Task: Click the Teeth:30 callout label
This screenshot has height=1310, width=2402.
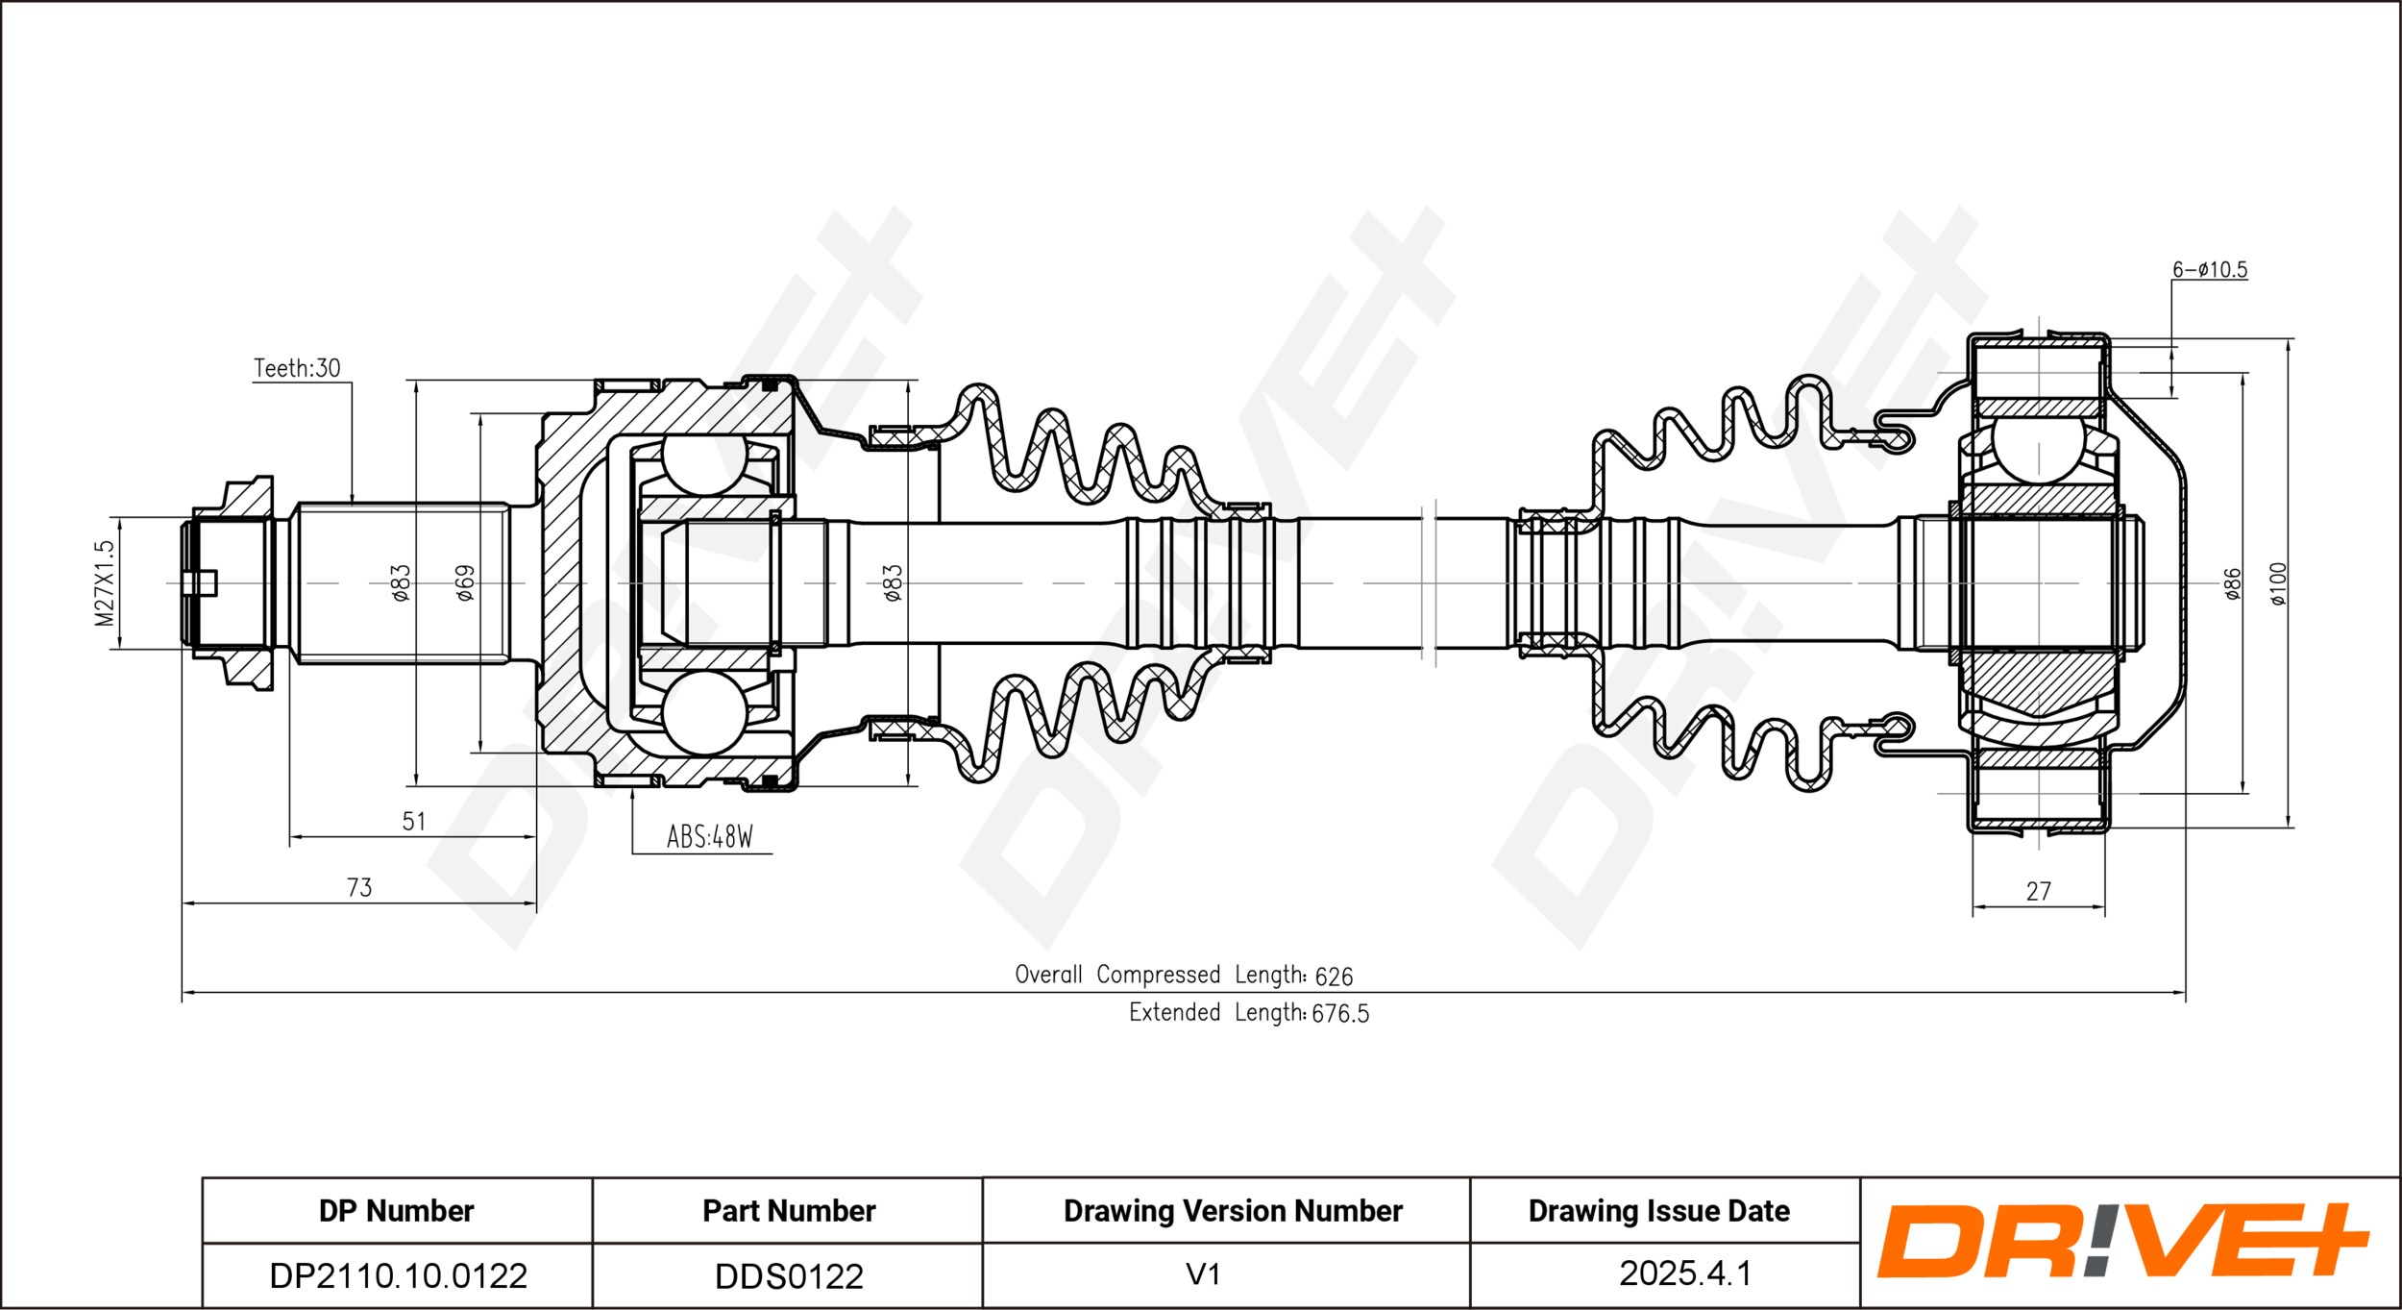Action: pyautogui.click(x=297, y=368)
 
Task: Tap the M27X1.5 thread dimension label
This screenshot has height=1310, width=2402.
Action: pyautogui.click(x=105, y=583)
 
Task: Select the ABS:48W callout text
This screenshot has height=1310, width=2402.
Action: pyautogui.click(x=710, y=837)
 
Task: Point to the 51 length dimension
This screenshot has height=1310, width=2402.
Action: pyautogui.click(x=413, y=822)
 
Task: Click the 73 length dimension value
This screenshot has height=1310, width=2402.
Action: pyautogui.click(x=359, y=888)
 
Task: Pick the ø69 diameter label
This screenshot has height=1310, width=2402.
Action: pyautogui.click(x=465, y=583)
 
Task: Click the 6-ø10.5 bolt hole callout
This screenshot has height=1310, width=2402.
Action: pyautogui.click(x=2210, y=270)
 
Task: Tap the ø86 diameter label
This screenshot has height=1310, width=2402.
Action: pyautogui.click(x=2233, y=584)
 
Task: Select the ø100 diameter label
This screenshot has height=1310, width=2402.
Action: pyautogui.click(x=2279, y=584)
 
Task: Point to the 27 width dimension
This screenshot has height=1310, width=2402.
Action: pyautogui.click(x=2039, y=892)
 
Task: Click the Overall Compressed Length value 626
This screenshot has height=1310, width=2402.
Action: pyautogui.click(x=1334, y=977)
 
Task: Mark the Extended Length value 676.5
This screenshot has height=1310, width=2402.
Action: pyautogui.click(x=1340, y=1014)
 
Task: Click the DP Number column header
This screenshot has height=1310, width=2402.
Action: pyautogui.click(x=396, y=1211)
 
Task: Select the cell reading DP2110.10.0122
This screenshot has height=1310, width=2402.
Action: pyautogui.click(x=398, y=1276)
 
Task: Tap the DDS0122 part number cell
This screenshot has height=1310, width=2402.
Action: pyautogui.click(x=789, y=1276)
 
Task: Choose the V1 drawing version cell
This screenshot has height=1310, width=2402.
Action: pyautogui.click(x=1203, y=1275)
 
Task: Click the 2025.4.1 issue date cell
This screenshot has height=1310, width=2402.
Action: pyautogui.click(x=1685, y=1274)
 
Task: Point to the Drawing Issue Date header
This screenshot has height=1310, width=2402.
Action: pyautogui.click(x=1659, y=1211)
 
